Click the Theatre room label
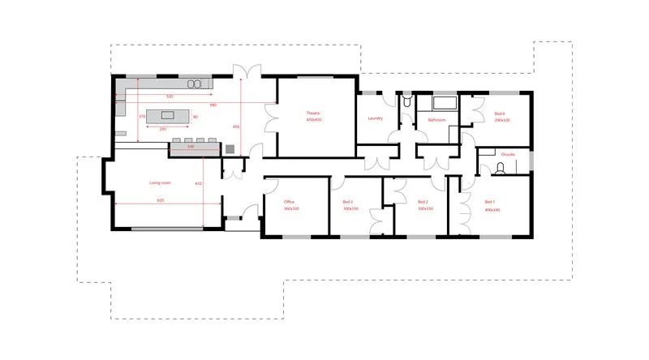[x=314, y=112]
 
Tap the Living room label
[x=160, y=183]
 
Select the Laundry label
[x=375, y=118]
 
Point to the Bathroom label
[x=427, y=119]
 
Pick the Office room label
[x=289, y=201]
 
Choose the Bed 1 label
[x=489, y=201]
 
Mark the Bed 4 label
[x=500, y=113]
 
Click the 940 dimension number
[x=213, y=105]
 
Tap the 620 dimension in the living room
[x=160, y=199]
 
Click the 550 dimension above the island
[x=170, y=96]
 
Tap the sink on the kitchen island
[x=193, y=117]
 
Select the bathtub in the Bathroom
[x=444, y=103]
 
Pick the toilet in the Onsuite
[x=501, y=168]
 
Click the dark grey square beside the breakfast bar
[x=230, y=148]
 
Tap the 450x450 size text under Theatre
[x=314, y=119]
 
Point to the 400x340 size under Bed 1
[x=491, y=208]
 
